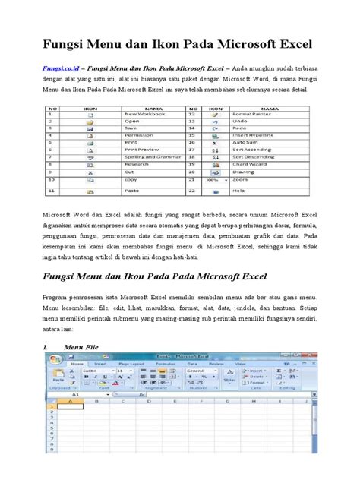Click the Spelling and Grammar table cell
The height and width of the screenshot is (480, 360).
pos(153,156)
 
